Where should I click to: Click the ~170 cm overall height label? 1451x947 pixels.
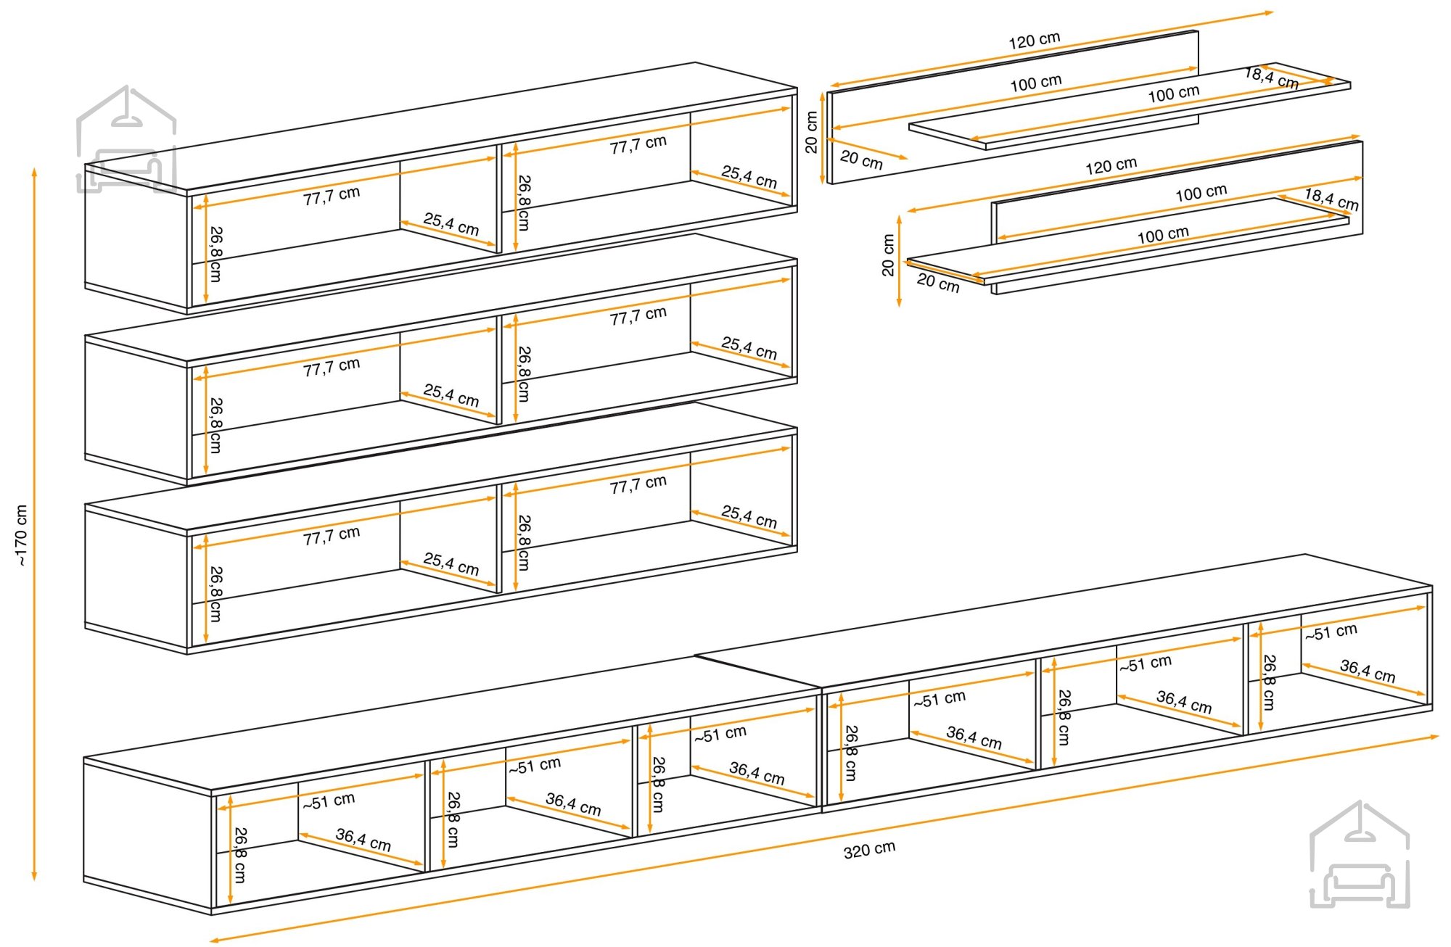21,535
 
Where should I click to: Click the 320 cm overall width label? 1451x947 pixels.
869,849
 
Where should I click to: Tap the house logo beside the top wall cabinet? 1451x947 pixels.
126,139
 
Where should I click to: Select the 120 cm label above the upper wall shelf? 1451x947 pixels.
1034,41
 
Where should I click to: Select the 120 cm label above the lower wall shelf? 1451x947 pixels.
1111,166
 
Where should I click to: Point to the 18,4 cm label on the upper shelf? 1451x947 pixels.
1271,77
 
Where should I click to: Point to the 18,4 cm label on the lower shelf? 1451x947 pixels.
1331,199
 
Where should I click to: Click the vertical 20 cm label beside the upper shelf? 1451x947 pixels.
811,132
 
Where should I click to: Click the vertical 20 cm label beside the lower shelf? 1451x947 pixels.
888,255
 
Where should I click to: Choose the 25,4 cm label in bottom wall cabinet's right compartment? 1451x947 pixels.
749,517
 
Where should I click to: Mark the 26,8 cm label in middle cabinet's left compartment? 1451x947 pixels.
215,425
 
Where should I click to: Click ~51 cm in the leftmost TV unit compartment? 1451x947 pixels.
329,801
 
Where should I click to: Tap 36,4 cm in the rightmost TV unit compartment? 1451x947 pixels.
1367,671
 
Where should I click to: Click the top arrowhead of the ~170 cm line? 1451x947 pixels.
34,172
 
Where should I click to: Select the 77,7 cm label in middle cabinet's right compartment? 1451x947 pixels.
638,316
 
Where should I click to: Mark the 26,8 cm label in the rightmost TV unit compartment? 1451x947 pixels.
1268,682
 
